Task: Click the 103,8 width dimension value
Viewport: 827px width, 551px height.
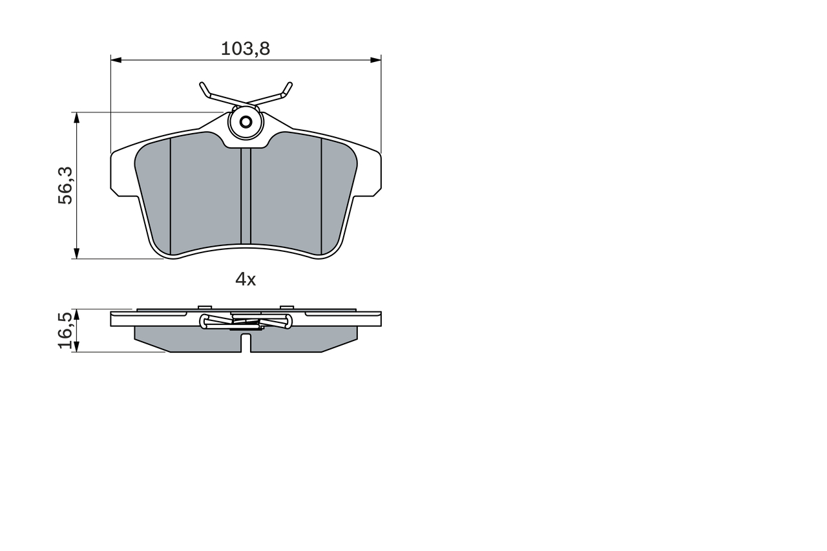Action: (x=246, y=48)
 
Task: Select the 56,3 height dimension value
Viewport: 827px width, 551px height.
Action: (x=65, y=185)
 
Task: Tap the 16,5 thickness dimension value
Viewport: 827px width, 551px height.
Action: (x=65, y=330)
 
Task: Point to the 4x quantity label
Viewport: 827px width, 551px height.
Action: (x=246, y=279)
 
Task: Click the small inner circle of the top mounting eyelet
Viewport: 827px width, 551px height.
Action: (x=246, y=122)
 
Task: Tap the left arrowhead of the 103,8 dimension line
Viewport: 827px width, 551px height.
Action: (x=116, y=60)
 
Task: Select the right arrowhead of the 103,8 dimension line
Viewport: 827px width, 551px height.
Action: (x=376, y=60)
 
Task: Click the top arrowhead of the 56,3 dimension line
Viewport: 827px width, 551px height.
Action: (x=76, y=118)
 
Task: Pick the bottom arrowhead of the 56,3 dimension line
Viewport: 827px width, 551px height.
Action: (x=76, y=254)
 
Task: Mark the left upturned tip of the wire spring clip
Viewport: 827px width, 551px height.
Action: (x=202, y=85)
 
